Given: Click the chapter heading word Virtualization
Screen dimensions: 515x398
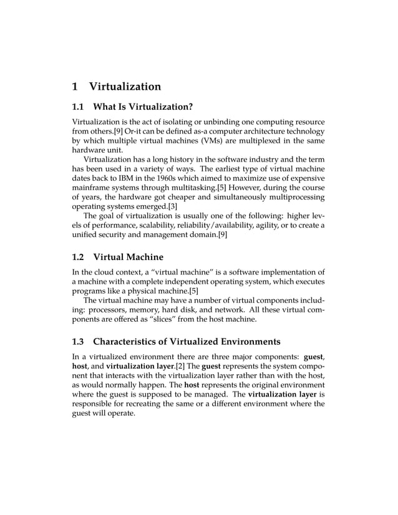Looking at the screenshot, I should (x=125, y=87).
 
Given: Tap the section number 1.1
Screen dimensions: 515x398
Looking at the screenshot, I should (x=79, y=107).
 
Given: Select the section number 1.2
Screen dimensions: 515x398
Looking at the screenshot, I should (x=79, y=256).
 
